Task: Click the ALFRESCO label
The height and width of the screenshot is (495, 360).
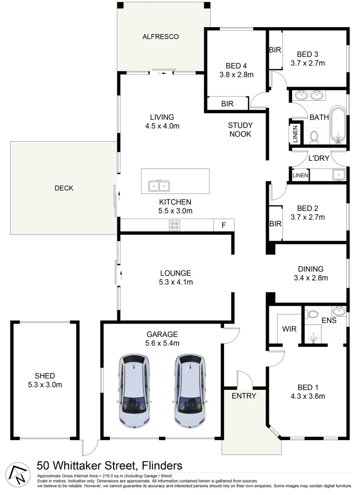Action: point(160,36)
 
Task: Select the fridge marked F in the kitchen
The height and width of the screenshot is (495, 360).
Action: point(224,225)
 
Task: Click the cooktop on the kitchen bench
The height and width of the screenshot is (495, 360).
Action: point(175,225)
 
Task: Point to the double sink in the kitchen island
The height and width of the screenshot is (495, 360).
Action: point(159,186)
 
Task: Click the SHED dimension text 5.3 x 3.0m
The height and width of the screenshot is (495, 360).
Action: point(44,385)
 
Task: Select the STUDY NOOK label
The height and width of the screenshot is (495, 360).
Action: point(240,130)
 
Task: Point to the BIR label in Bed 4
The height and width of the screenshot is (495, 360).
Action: point(227,104)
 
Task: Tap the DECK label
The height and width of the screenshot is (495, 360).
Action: point(64,188)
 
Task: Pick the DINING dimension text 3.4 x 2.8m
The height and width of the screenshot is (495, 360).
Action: point(311,277)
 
